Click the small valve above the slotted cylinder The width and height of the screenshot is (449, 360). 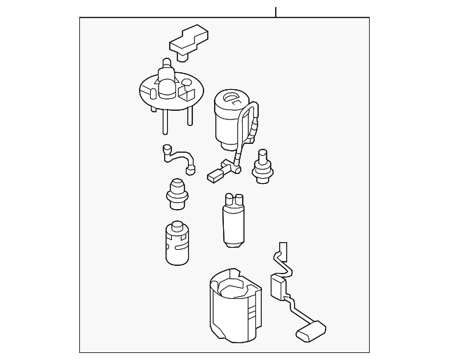(x=177, y=192)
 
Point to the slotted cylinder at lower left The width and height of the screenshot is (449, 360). (x=178, y=244)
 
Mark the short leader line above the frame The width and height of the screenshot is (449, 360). (x=276, y=12)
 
